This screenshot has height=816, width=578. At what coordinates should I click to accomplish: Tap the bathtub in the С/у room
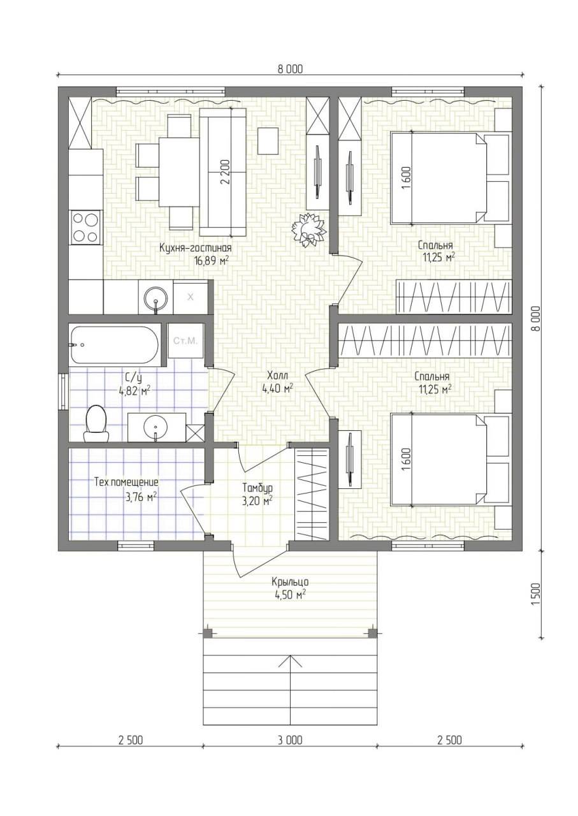114,345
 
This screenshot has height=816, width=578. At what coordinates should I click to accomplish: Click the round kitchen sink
155,298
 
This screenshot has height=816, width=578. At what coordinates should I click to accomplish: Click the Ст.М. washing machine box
185,341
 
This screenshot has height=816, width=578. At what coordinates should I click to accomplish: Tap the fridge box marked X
191,297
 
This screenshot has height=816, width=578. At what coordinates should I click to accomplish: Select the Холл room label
278,375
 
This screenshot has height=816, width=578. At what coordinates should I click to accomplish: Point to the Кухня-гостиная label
196,248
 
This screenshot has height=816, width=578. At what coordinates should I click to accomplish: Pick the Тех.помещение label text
126,483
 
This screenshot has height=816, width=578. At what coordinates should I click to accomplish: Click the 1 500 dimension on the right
535,594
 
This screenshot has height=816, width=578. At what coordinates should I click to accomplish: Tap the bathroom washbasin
155,427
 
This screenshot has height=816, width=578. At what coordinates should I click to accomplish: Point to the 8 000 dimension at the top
290,69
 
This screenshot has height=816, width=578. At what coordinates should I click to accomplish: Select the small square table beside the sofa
268,141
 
